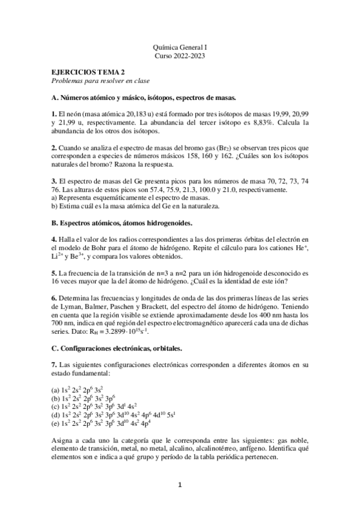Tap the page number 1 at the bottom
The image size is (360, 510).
pos(180,483)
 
